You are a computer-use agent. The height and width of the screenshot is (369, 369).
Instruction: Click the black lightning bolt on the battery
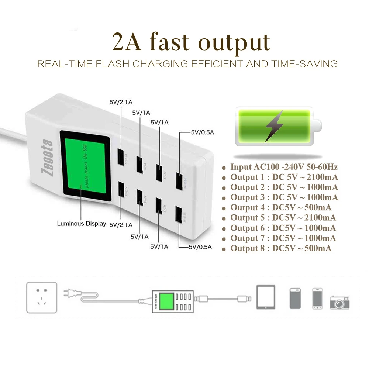274,126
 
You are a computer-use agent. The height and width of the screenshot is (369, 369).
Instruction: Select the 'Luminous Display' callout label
81,224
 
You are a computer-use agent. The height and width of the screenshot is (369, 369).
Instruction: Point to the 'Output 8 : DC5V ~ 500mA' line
281,248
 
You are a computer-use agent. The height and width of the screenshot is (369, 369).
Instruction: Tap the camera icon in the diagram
339,302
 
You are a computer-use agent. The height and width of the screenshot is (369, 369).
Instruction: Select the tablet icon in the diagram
266,297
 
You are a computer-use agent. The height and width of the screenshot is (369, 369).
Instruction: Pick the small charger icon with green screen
172,301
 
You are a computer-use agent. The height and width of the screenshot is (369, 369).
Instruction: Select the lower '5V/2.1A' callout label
121,224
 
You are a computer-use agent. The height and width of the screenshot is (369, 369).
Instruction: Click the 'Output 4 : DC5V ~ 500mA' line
281,208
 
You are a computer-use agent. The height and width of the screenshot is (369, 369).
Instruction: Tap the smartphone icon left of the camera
318,298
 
